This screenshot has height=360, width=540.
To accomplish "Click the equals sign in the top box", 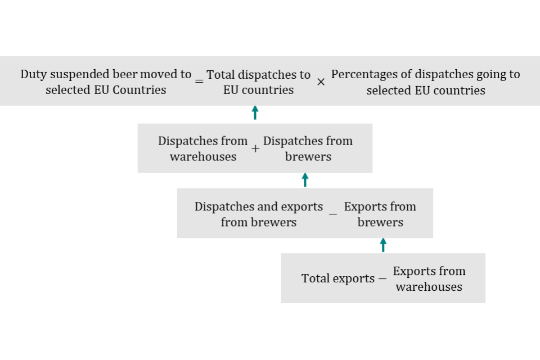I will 199,82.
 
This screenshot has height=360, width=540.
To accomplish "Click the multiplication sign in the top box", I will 321,82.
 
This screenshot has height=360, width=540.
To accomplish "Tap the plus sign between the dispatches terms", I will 255,149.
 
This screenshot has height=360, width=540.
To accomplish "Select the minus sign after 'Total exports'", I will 382,278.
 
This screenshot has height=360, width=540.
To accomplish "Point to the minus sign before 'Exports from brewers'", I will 333,214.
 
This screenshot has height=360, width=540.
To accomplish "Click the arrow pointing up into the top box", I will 255,112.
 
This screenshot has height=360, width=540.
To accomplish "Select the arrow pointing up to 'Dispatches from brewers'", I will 305,179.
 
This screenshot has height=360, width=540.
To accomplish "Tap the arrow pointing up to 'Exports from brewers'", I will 383,245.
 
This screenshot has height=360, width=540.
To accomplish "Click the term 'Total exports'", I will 337,278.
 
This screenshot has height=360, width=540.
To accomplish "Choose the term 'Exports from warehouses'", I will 429,279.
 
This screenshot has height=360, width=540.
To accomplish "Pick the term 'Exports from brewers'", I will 380,214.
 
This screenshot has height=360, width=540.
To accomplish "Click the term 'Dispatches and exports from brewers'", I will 259,214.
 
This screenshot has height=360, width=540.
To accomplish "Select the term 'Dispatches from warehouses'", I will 203,148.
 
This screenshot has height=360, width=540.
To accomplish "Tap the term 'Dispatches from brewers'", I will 308,148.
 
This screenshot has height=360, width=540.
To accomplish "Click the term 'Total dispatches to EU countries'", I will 258,82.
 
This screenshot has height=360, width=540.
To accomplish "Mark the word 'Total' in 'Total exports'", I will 315,278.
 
